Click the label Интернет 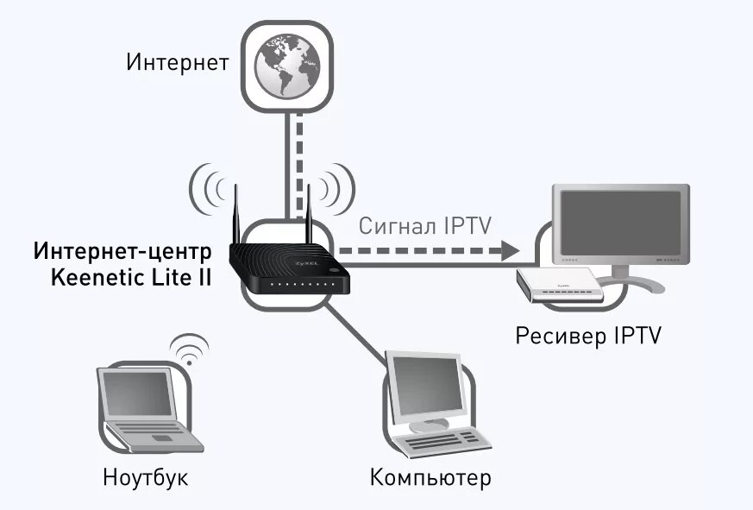click(178, 62)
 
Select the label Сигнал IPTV click(424, 226)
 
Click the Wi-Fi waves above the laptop click(189, 350)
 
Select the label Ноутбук click(145, 476)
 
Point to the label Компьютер click(430, 476)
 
